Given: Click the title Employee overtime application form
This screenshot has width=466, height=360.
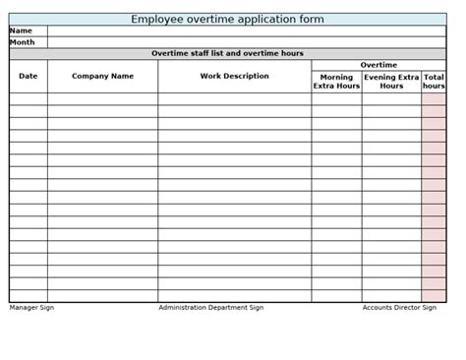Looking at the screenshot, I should [x=227, y=19].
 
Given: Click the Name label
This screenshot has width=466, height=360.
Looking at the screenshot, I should [x=22, y=30].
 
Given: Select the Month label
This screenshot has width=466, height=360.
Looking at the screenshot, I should [x=23, y=42].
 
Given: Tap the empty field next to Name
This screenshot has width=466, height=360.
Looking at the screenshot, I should [x=246, y=30].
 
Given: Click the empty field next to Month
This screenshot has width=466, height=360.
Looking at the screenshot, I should [x=246, y=42].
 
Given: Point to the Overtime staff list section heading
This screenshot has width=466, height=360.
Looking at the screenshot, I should [x=227, y=53].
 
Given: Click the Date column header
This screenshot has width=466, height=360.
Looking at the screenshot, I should [x=29, y=76].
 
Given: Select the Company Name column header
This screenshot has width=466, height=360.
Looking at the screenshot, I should [x=102, y=76].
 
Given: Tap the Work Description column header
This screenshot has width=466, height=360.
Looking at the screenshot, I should [x=234, y=76].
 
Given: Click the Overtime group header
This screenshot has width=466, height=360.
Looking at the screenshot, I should [x=379, y=65].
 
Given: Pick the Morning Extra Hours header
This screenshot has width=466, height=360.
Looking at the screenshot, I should [x=336, y=82].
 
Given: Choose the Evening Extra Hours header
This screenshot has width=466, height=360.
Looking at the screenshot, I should [x=391, y=82].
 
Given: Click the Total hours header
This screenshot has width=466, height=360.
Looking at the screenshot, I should [x=434, y=82].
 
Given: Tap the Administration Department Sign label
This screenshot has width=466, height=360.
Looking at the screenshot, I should [x=210, y=308].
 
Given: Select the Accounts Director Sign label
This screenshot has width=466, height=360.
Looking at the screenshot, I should [x=399, y=308].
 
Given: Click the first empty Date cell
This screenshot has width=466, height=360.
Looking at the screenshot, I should [x=29, y=99].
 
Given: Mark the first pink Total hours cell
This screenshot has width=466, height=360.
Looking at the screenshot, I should [x=434, y=99].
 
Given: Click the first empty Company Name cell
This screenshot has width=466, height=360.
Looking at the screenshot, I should [x=102, y=99].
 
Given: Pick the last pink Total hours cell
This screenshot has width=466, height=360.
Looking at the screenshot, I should [x=434, y=295].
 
